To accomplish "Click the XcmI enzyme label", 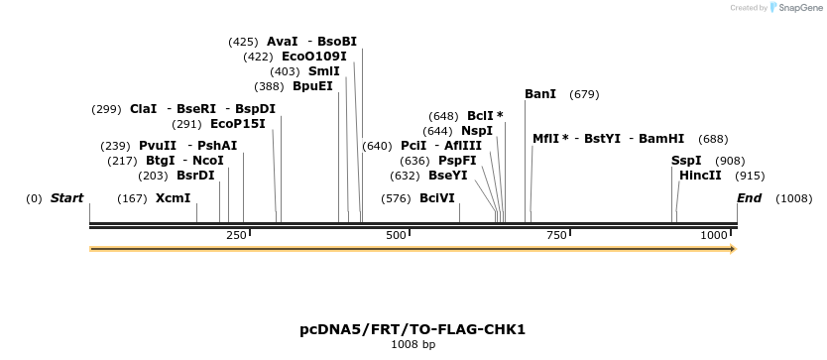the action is pos(173,198).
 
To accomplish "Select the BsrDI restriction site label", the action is pos(195,176).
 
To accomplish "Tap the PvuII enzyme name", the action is pos(158,146).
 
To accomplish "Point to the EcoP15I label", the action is pos(238,124).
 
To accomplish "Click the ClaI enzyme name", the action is pos(144,109).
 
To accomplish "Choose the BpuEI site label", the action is pos(312,86).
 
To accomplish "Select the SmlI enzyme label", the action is pos(324,71).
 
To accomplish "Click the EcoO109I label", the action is pos(314,57).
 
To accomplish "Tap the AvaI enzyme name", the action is pos(283,42).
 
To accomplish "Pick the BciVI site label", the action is pos(437,198).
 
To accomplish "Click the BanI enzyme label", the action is pos(540,94).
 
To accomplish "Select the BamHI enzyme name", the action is pos(661,139).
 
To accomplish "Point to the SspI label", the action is pos(686,161).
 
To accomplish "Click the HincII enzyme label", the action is pos(700,176).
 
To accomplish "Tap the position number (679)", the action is pos(584,94).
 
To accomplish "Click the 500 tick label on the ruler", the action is pos(396,235).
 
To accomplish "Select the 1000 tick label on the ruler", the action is pos(714,235).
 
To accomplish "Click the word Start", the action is pos(66,198).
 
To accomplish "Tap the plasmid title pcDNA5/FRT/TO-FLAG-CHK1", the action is pos(413,329).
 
